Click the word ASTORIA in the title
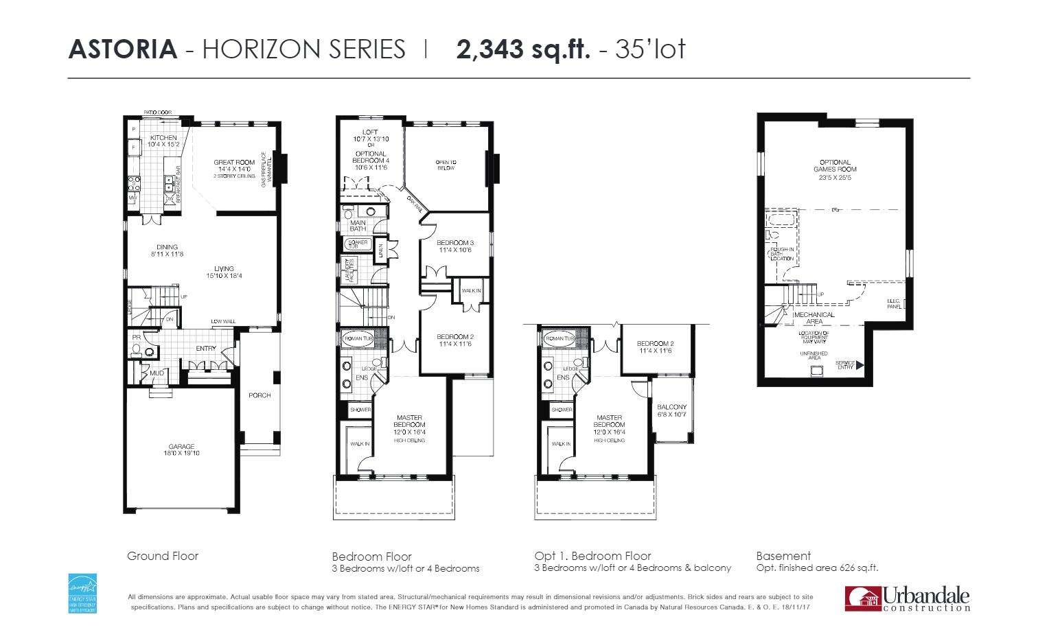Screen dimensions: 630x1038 pyautogui.click(x=123, y=49)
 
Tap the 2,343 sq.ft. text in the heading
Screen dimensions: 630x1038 pyautogui.click(x=522, y=49)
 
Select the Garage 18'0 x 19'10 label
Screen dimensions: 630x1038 pyautogui.click(x=181, y=450)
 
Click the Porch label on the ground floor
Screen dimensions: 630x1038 pyautogui.click(x=259, y=395)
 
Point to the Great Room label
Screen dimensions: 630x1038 pyautogui.click(x=234, y=166)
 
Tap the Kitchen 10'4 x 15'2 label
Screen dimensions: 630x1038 pyautogui.click(x=163, y=141)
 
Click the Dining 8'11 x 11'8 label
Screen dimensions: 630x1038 pyautogui.click(x=167, y=250)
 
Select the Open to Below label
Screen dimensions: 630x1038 pyautogui.click(x=446, y=165)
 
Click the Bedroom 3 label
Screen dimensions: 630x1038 pyautogui.click(x=454, y=246)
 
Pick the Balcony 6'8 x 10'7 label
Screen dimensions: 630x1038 pyautogui.click(x=671, y=410)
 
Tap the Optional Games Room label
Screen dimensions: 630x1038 pyautogui.click(x=835, y=170)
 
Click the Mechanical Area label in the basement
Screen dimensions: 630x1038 pyautogui.click(x=814, y=318)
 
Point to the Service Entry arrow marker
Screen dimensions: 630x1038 pyautogui.click(x=860, y=366)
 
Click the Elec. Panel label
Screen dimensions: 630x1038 pyautogui.click(x=894, y=303)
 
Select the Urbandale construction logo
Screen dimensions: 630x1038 pyautogui.click(x=907, y=598)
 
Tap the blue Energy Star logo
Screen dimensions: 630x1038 pyautogui.click(x=82, y=593)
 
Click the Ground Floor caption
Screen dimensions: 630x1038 pyautogui.click(x=163, y=556)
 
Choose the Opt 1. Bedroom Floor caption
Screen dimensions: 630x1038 pyautogui.click(x=592, y=556)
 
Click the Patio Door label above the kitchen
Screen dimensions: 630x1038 pyautogui.click(x=157, y=113)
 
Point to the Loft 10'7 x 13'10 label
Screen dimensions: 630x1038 pyautogui.click(x=371, y=135)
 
